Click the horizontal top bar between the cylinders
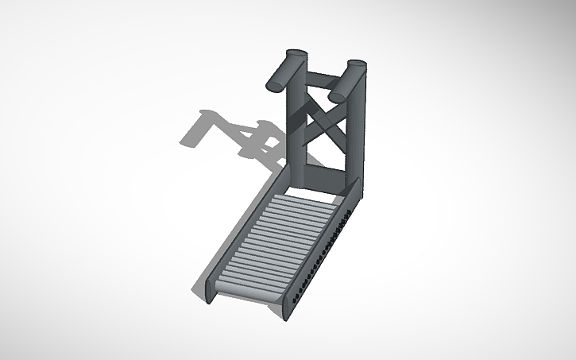pyautogui.click(x=321, y=80)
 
